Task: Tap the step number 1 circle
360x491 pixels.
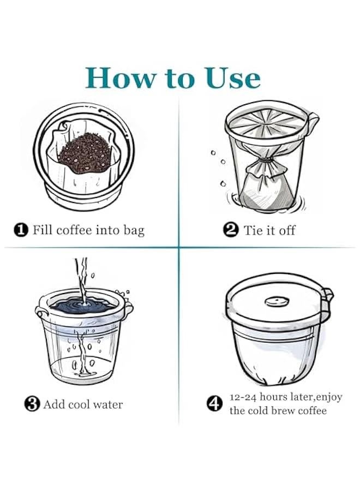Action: coord(20,230)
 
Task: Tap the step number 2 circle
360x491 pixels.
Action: coord(231,230)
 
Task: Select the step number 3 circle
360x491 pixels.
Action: coord(32,404)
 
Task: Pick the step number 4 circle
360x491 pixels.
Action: coord(215,404)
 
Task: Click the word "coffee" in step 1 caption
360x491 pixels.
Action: coord(73,230)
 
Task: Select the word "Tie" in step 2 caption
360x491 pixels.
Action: coord(253,230)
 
